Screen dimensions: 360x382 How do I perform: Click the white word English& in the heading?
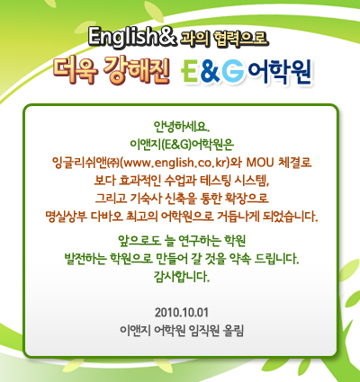tap(131, 37)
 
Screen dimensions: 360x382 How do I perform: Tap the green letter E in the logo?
tap(190, 71)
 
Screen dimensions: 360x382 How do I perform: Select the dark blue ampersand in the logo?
tap(210, 71)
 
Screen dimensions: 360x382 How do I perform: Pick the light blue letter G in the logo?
tap(233, 71)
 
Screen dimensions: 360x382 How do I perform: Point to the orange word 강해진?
tap(137, 70)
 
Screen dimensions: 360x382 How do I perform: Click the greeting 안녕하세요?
tap(181, 127)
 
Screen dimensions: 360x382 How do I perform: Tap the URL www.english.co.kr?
tap(175, 163)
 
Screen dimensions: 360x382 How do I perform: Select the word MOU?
tap(260, 162)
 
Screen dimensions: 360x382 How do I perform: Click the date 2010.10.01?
tap(181, 313)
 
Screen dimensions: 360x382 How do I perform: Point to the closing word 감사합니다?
tap(181, 276)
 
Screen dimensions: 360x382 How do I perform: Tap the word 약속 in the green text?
tap(239, 258)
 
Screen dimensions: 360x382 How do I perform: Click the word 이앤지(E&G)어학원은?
tap(182, 145)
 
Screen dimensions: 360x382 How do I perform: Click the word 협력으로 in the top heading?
tap(240, 39)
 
